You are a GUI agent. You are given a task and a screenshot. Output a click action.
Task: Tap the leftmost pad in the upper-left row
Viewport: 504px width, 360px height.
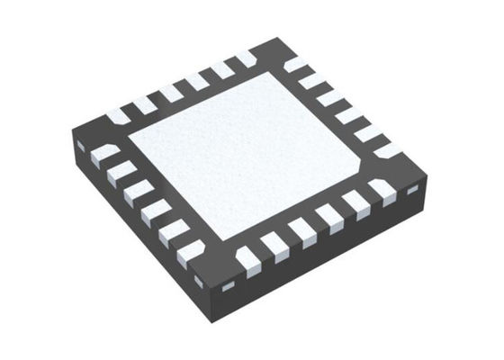(x=117, y=116)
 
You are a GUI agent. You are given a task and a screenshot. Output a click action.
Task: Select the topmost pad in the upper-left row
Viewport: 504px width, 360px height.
(x=246, y=58)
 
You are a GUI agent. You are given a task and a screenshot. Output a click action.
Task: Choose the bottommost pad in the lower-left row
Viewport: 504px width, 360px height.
(x=191, y=253)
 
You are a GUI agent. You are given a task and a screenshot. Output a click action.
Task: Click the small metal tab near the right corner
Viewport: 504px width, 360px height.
(x=413, y=191)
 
